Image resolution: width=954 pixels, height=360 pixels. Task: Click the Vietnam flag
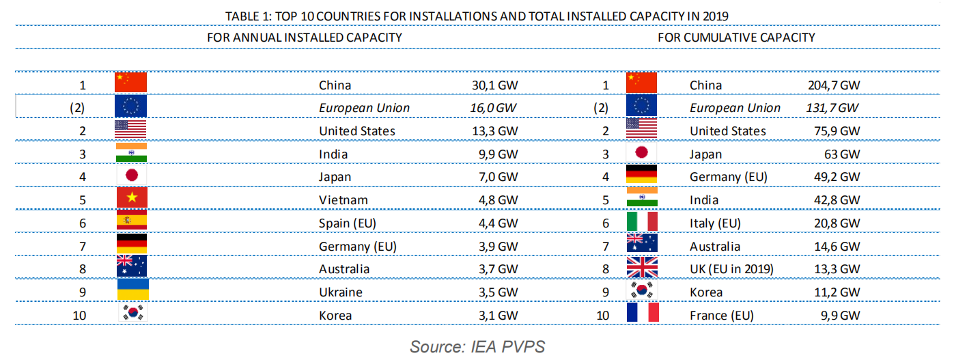point(130,199)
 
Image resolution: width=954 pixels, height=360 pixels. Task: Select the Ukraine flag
point(130,291)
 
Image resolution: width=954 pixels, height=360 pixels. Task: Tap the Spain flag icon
point(130,222)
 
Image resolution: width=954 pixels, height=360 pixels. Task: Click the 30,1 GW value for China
point(490,85)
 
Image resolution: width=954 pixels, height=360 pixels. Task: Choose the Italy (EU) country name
point(715,223)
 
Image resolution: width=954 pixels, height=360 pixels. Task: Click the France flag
point(642,314)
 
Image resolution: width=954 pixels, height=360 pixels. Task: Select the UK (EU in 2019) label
point(731,269)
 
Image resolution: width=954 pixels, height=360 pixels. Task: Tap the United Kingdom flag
point(642,268)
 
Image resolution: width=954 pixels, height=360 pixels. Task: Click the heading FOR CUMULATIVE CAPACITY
point(736,38)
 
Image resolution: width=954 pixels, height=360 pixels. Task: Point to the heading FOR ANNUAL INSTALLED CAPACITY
point(304,38)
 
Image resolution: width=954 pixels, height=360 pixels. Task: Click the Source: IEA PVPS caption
point(477,347)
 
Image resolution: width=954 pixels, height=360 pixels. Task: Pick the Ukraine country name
point(340,292)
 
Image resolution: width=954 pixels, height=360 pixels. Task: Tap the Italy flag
point(642,222)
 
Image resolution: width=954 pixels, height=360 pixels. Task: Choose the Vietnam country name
point(343,200)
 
